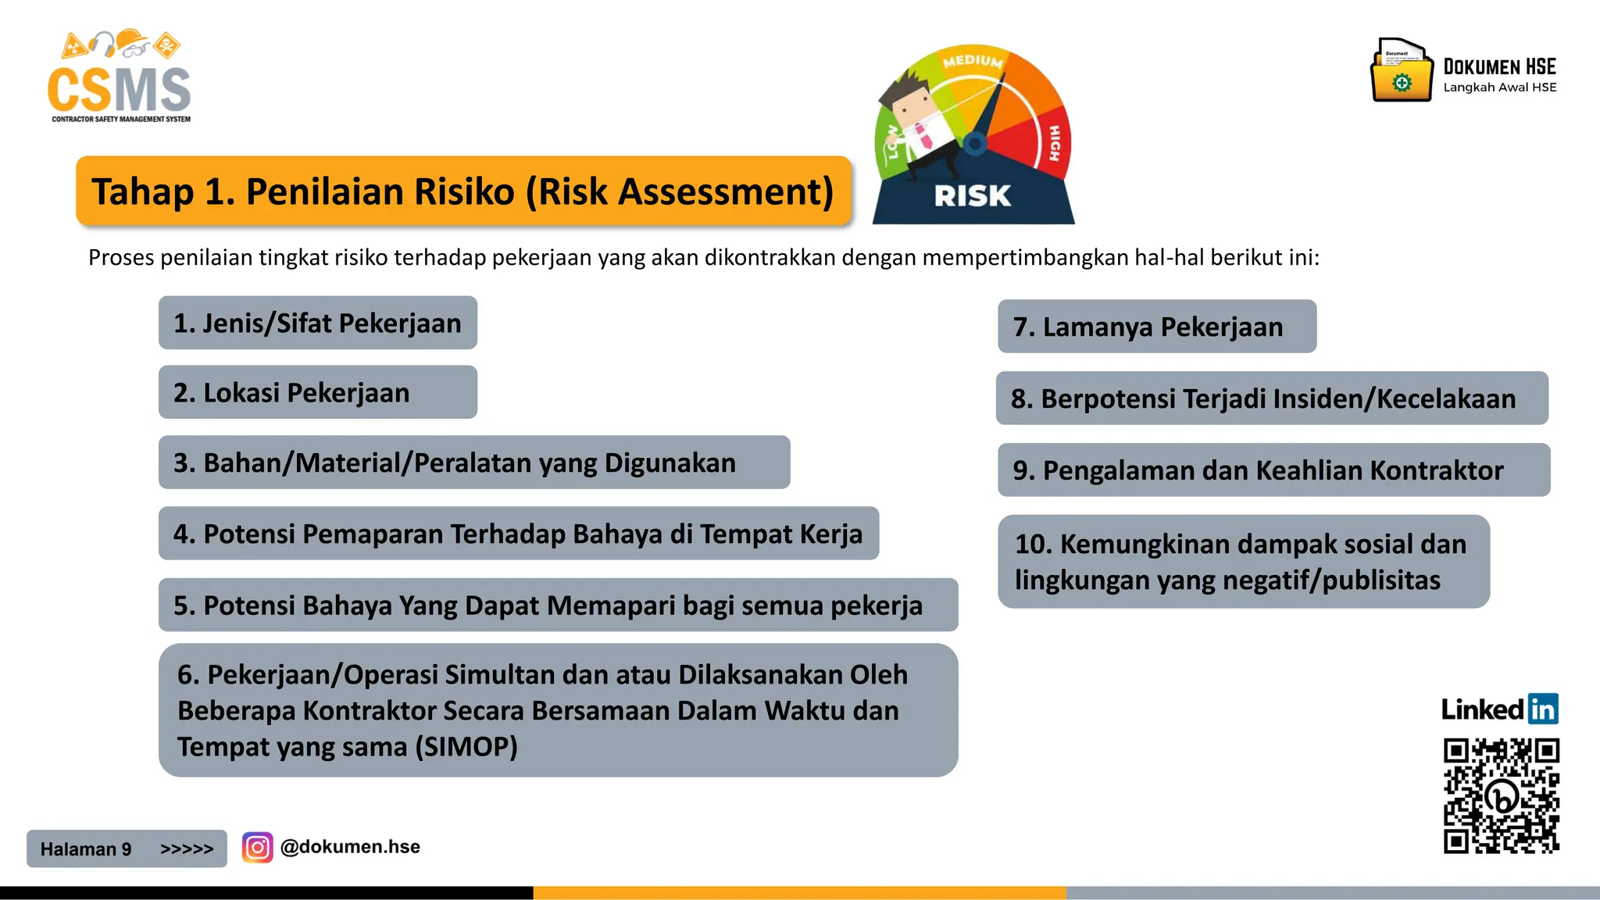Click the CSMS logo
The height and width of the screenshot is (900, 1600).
(x=119, y=78)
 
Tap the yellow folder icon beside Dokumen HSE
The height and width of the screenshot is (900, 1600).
(x=1402, y=73)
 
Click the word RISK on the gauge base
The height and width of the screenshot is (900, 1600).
(x=973, y=195)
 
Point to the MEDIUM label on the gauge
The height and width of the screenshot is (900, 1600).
(x=973, y=61)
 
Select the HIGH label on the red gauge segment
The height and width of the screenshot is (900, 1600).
(x=1054, y=143)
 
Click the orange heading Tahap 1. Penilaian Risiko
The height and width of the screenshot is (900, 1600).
(x=462, y=191)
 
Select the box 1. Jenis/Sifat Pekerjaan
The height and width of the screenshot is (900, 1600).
(x=317, y=323)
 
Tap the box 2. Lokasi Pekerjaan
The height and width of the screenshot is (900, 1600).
(x=317, y=392)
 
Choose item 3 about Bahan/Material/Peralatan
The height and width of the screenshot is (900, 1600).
(x=473, y=462)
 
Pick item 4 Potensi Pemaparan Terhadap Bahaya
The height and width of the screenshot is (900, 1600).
(x=518, y=534)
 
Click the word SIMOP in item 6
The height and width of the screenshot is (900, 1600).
(x=466, y=747)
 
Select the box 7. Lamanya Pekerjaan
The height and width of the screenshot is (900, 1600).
(x=1156, y=327)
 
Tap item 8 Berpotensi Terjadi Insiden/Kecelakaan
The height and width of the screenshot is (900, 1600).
(x=1271, y=398)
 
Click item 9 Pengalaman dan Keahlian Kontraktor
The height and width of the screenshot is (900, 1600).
(x=1273, y=470)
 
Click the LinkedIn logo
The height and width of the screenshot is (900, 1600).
(x=1499, y=709)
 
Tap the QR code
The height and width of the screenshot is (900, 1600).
(x=1501, y=795)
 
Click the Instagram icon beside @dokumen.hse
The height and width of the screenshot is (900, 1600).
(x=257, y=848)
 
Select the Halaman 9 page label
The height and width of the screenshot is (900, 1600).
(x=86, y=849)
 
